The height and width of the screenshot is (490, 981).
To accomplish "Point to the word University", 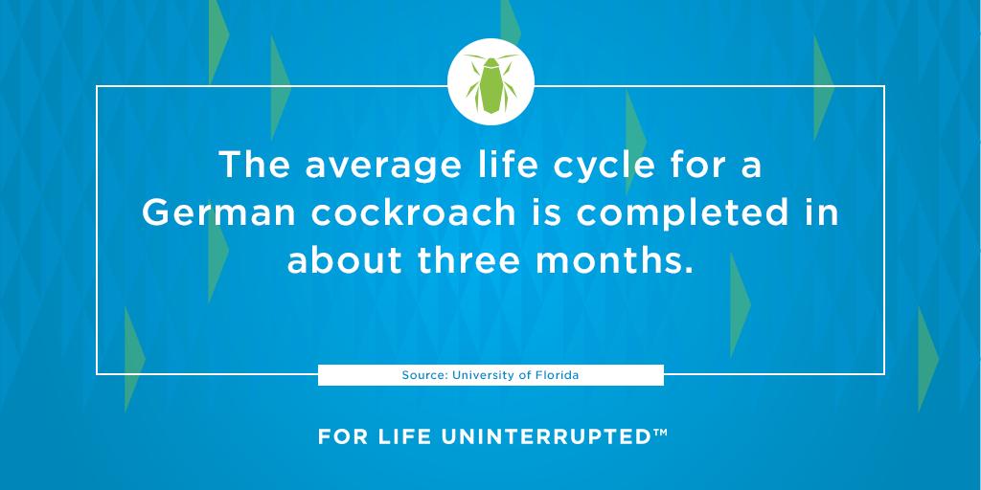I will pyautogui.click(x=486, y=375).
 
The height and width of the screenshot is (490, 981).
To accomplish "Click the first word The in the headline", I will pyautogui.click(x=253, y=166).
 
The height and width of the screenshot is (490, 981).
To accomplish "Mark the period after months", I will pyautogui.click(x=688, y=269).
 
